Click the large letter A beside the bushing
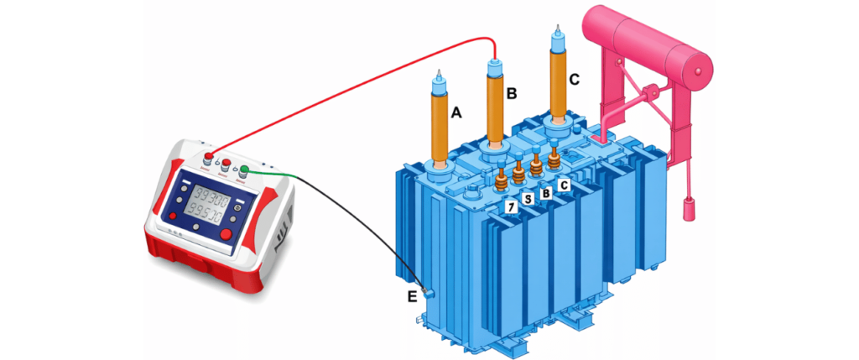click(x=456, y=112)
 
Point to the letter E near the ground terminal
click(x=411, y=295)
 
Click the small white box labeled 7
click(x=508, y=206)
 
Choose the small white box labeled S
click(x=527, y=199)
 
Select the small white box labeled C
click(x=564, y=184)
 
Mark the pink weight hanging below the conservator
click(x=690, y=209)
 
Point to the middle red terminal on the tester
click(x=226, y=164)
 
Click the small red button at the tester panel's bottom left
click(x=174, y=216)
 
